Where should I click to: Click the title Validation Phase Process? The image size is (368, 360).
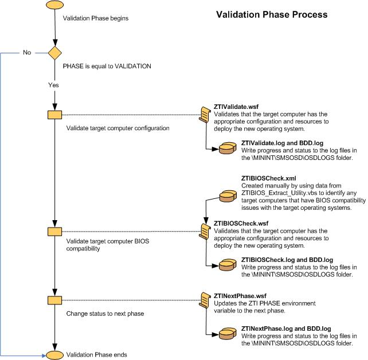click(x=272, y=14)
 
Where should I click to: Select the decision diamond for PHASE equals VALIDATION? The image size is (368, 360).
click(x=54, y=53)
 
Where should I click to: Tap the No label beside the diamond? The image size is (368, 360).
click(x=27, y=53)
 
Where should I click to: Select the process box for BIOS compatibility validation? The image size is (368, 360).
click(x=54, y=232)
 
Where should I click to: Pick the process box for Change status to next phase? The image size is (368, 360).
click(x=54, y=300)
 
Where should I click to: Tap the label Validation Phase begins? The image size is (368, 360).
click(x=95, y=18)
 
